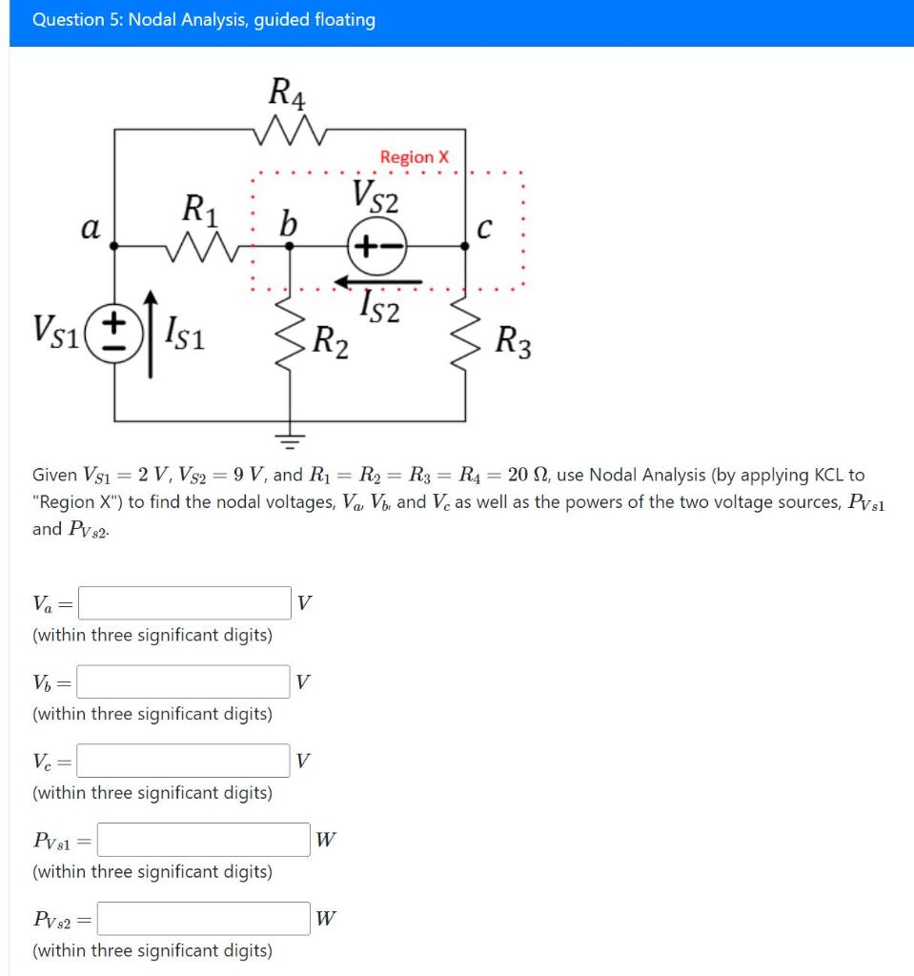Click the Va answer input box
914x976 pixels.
[x=185, y=602]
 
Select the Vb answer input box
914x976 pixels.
[x=185, y=681]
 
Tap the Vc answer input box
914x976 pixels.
[x=185, y=760]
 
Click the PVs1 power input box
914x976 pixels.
[x=204, y=839]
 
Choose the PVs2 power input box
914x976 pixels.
[x=204, y=919]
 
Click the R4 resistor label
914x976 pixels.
[x=288, y=92]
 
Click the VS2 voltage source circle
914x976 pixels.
[x=379, y=245]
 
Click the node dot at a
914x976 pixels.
[x=115, y=245]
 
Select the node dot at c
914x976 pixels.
[x=465, y=245]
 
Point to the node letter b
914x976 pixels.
[x=288, y=225]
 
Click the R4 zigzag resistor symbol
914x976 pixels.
[x=289, y=127]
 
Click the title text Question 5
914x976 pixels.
[x=203, y=20]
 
